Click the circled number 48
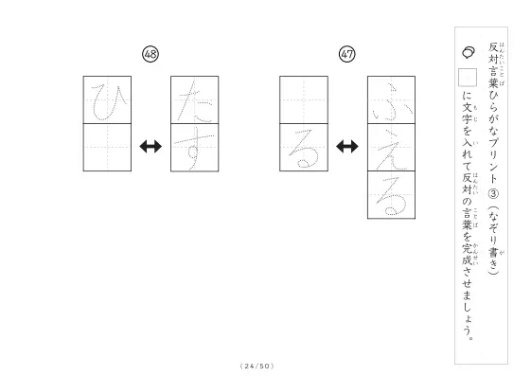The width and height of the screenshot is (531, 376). (x=150, y=54)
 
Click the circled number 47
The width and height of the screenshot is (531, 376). (x=347, y=54)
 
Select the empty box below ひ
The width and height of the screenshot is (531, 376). (x=107, y=148)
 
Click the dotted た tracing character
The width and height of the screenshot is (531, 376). (x=196, y=101)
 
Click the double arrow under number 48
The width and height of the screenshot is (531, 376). (x=150, y=147)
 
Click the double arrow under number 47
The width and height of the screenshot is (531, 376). (x=347, y=147)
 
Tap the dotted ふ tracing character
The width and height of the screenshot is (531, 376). (x=392, y=102)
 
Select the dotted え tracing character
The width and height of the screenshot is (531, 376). (x=392, y=150)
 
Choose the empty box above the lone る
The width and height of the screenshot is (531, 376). (x=304, y=100)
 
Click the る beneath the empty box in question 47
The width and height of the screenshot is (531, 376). (x=304, y=149)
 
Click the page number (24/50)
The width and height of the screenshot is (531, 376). (x=257, y=366)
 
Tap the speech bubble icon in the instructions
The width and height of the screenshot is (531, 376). (x=469, y=52)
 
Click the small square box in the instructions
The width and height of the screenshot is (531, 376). (x=468, y=78)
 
